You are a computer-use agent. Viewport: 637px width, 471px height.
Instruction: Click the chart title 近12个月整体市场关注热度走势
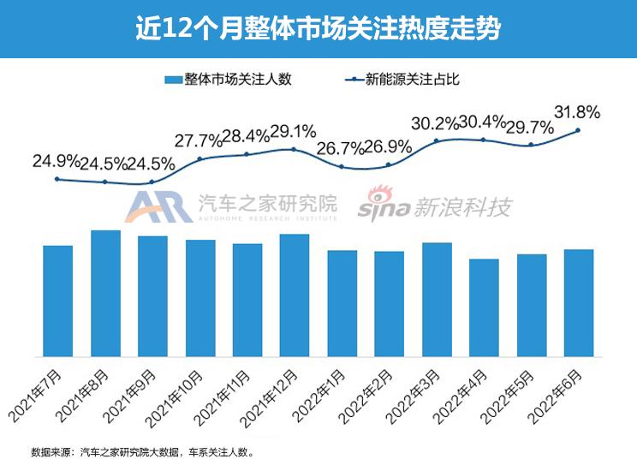pyautogui.click(x=318, y=27)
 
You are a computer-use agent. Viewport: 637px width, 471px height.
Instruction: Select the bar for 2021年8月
pyautogui.click(x=105, y=293)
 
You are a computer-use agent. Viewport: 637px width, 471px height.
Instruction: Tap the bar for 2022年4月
pyautogui.click(x=484, y=307)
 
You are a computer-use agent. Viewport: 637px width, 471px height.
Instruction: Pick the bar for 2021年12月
pyautogui.click(x=295, y=295)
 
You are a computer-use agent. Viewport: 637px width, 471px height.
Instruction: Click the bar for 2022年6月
pyautogui.click(x=579, y=302)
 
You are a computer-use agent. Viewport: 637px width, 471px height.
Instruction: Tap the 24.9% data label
pyautogui.click(x=56, y=160)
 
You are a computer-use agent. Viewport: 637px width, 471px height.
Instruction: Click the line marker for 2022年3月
pyautogui.click(x=437, y=140)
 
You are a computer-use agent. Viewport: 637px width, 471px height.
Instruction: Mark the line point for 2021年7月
pyautogui.click(x=57, y=179)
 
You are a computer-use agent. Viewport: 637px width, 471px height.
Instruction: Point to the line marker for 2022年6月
pyautogui.click(x=579, y=130)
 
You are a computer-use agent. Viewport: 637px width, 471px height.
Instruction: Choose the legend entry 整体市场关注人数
pyautogui.click(x=229, y=80)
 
